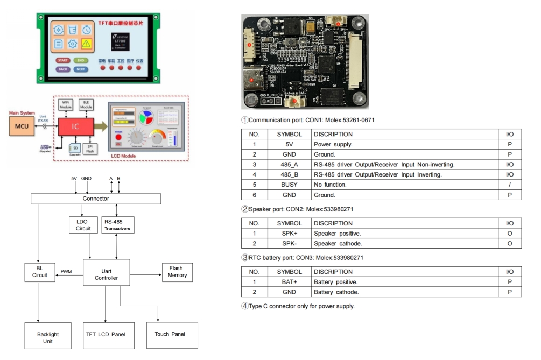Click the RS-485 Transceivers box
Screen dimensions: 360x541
click(116, 225)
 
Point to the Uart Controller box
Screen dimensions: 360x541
click(106, 274)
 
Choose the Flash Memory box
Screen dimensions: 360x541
click(177, 272)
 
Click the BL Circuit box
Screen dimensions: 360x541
click(39, 272)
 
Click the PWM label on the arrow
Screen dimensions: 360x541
click(66, 272)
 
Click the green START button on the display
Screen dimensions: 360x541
click(63, 61)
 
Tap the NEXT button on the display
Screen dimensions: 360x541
click(81, 69)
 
